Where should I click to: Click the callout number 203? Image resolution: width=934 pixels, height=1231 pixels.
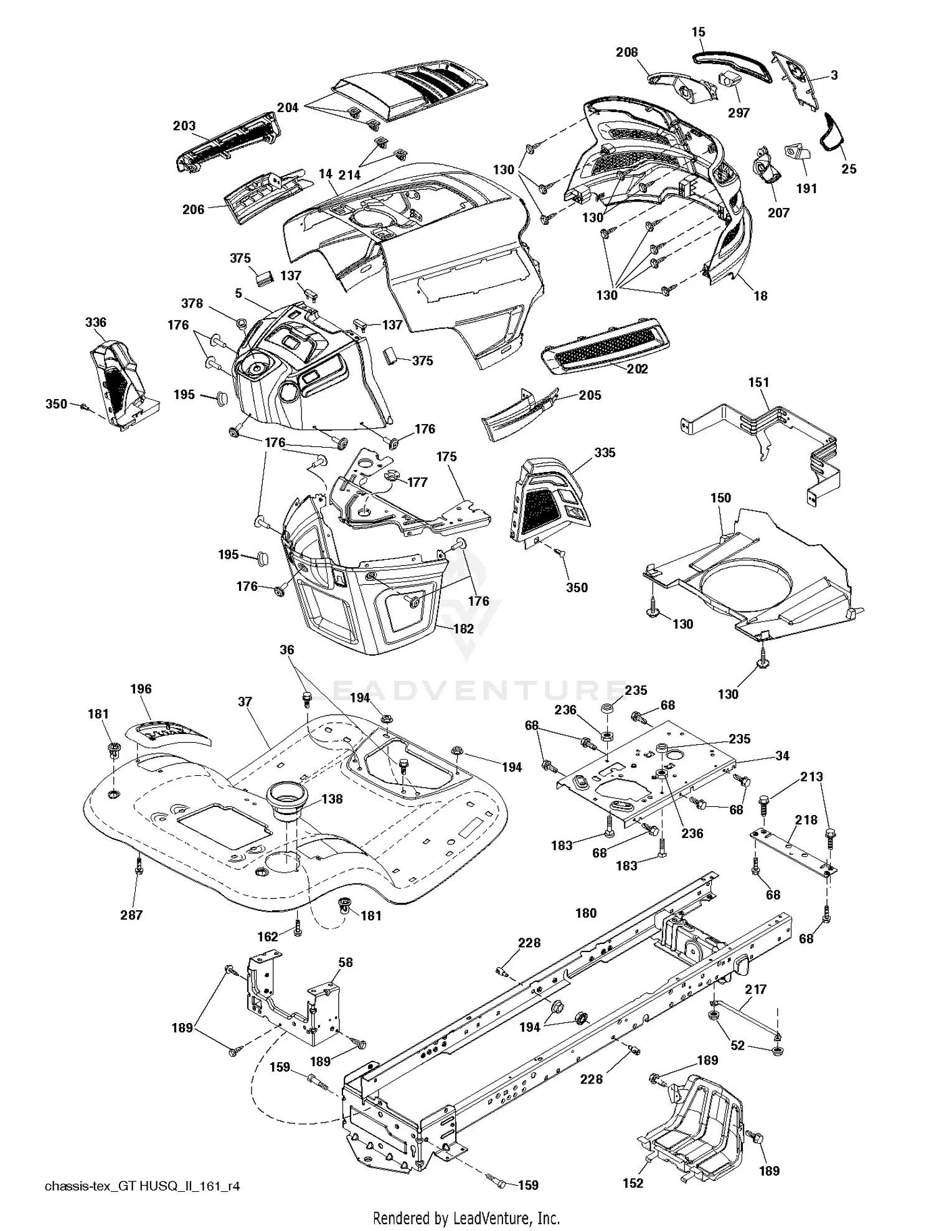[184, 126]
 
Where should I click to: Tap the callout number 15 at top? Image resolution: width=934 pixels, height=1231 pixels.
[698, 31]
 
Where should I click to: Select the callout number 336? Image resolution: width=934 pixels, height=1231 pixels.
[96, 322]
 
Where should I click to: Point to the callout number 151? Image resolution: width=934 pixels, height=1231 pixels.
[758, 382]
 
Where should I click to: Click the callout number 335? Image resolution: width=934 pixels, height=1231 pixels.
[605, 453]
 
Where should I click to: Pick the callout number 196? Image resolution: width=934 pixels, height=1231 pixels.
[141, 689]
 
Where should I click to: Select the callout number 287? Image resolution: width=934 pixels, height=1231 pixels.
[131, 915]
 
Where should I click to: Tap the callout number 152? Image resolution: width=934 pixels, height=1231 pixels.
[633, 1183]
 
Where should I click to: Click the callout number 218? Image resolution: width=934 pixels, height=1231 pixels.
[806, 819]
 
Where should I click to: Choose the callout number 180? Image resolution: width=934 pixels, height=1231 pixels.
[586, 913]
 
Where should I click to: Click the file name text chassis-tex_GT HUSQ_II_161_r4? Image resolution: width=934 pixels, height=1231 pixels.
[142, 1186]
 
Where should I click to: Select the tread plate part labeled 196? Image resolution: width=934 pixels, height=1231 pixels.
[168, 734]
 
